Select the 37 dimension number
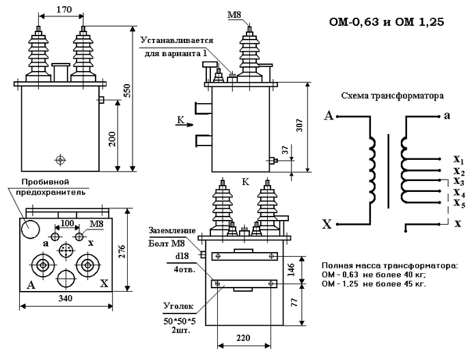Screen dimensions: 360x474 click(285, 150)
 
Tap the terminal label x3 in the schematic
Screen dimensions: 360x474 click(459, 181)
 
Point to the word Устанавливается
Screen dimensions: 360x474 click(178, 41)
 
